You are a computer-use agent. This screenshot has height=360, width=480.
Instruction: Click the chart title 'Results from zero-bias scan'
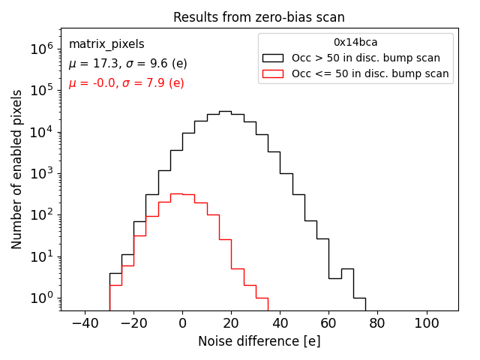tap(259, 17)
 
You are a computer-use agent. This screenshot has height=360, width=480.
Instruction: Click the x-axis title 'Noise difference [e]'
tap(259, 341)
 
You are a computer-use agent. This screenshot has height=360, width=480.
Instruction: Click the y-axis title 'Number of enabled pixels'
tap(17, 169)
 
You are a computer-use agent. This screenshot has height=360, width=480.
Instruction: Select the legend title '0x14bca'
tap(355, 43)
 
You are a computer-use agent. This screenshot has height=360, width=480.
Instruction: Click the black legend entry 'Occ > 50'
tap(366, 58)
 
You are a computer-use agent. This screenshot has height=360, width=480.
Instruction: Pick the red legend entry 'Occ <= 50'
tap(370, 73)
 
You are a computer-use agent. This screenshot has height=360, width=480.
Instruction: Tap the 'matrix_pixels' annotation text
tap(106, 44)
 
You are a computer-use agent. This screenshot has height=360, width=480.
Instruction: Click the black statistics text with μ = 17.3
tap(127, 64)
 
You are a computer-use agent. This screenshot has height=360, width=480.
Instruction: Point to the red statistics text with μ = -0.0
tap(126, 83)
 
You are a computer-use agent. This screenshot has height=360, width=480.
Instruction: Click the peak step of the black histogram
tap(225, 111)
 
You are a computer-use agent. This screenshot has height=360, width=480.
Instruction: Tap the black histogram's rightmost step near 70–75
tap(359, 298)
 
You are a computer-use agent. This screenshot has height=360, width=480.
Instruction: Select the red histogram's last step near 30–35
tap(262, 298)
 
